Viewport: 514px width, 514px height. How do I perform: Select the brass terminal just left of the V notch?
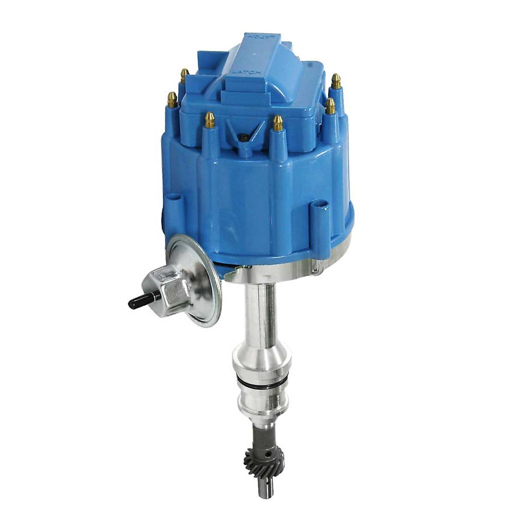210,120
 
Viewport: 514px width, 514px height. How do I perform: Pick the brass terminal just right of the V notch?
278,123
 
